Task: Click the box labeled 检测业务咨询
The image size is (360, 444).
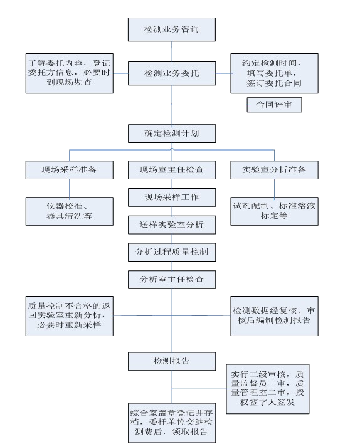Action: [172, 29]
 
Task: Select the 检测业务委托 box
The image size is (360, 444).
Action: [172, 73]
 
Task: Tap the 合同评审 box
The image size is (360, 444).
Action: [274, 105]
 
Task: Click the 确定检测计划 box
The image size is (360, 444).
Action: [172, 134]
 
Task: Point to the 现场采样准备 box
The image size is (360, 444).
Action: [70, 170]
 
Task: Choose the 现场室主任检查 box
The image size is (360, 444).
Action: [172, 170]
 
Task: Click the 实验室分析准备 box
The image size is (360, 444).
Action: [274, 170]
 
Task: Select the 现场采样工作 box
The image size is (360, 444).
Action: [172, 198]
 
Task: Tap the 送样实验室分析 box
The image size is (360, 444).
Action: [172, 225]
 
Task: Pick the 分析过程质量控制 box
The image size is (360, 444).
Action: [172, 252]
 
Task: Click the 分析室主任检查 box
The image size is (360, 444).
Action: [172, 280]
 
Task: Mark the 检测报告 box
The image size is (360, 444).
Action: [172, 361]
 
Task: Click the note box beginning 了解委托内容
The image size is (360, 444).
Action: [70, 73]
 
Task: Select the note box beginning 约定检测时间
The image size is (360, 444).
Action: [274, 73]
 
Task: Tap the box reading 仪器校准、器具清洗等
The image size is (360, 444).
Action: [70, 211]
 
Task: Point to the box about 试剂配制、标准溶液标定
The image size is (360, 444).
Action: [274, 211]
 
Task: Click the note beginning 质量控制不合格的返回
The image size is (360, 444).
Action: [70, 316]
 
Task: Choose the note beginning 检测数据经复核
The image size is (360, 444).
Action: [274, 316]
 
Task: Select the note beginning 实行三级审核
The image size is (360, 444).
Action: [267, 389]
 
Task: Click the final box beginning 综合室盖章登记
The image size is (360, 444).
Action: [172, 423]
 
